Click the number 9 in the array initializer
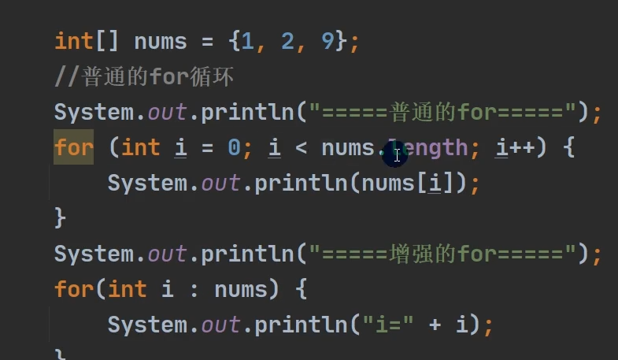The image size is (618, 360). point(328,41)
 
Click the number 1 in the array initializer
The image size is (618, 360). point(248,41)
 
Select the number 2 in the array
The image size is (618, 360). point(287,41)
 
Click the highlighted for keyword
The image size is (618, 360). point(73,147)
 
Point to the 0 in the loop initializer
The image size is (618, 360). point(234,147)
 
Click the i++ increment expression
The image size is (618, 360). point(515,147)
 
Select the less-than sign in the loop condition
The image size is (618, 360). point(314,147)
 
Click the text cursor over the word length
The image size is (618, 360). point(397,155)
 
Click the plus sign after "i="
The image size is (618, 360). point(434,325)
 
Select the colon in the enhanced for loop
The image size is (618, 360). point(194,289)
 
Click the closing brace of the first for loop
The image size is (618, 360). point(60,218)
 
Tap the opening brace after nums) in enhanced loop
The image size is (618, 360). point(301,289)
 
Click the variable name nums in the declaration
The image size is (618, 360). point(161,41)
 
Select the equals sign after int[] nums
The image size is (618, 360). point(207,41)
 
